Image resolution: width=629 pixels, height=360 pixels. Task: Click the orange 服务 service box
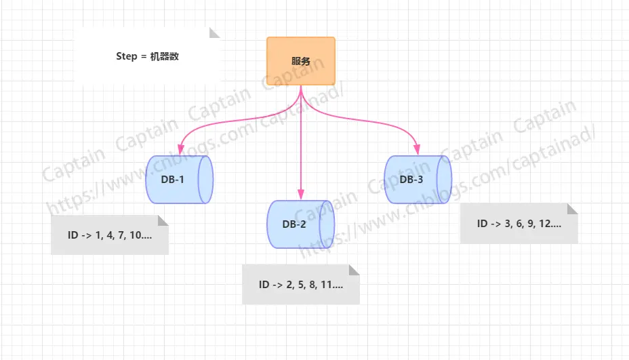(x=301, y=61)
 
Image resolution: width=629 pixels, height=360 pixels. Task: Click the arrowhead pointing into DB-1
(x=180, y=148)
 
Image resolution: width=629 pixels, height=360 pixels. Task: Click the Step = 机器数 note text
(x=147, y=56)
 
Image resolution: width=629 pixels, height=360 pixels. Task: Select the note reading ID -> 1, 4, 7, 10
(x=109, y=235)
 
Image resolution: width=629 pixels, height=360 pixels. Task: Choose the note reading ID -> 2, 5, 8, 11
(x=300, y=285)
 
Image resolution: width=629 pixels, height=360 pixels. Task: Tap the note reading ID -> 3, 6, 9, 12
(x=519, y=224)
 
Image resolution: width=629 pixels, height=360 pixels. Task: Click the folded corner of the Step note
(x=216, y=33)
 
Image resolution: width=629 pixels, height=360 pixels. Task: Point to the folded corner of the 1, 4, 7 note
(x=163, y=220)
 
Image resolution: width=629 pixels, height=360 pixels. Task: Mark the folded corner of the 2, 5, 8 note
(x=354, y=270)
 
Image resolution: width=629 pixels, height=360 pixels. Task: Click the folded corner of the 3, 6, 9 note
(x=573, y=208)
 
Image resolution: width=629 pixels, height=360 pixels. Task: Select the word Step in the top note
(x=127, y=56)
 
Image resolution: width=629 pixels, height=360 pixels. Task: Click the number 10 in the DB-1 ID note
(x=136, y=235)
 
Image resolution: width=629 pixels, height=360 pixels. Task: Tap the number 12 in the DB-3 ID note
(x=546, y=224)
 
